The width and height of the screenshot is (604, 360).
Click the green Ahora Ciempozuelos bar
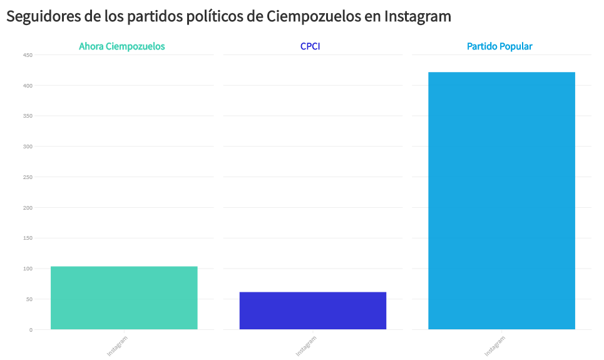[124, 298]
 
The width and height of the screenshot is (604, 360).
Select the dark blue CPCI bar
[312, 311]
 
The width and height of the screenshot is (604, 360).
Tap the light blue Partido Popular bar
[501, 200]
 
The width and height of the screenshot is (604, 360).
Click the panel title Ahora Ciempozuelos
[122, 46]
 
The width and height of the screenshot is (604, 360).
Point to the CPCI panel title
[310, 46]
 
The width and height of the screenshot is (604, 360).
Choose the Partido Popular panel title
[499, 46]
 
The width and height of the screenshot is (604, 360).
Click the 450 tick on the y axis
[28, 55]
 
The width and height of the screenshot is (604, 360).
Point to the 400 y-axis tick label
[28, 86]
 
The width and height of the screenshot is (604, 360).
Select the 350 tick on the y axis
[28, 116]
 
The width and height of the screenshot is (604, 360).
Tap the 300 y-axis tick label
[28, 147]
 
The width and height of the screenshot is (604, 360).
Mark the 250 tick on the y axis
[28, 177]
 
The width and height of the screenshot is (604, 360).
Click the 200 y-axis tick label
[28, 208]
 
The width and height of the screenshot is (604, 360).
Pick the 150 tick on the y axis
[28, 239]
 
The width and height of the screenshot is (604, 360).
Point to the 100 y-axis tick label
[28, 269]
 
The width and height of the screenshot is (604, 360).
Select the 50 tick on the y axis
[29, 299]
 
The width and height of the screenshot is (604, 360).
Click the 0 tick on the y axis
[31, 330]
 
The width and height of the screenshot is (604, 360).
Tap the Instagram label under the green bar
[117, 346]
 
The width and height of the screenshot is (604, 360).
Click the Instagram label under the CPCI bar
[306, 346]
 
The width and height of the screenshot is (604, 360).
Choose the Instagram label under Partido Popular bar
[494, 346]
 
